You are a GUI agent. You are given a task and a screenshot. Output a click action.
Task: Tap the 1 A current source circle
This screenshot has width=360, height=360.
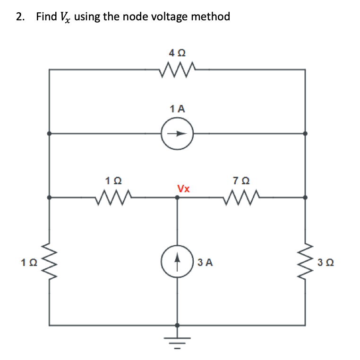tap(177, 133)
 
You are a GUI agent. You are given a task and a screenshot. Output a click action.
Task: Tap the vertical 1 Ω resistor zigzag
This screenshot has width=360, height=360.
tap(49, 261)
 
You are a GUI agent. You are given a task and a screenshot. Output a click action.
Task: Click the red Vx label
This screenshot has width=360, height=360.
tap(183, 189)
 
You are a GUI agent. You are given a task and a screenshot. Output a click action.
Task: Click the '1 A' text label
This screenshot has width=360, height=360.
tap(177, 108)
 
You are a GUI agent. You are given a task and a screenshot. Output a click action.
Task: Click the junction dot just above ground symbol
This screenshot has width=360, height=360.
tap(177, 325)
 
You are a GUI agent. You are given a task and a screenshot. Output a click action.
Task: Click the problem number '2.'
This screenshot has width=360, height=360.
tap(20, 17)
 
